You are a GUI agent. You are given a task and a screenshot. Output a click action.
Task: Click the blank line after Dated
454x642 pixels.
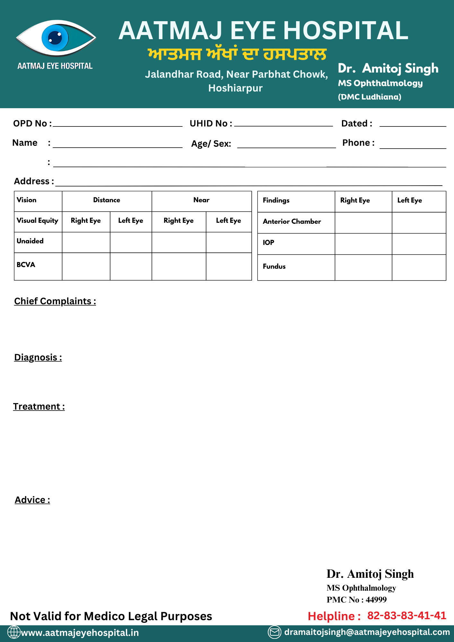pyautogui.click(x=413, y=124)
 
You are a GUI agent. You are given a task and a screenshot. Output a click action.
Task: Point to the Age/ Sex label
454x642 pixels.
pyautogui.click(x=211, y=144)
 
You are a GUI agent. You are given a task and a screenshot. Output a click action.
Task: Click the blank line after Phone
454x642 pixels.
pyautogui.click(x=413, y=145)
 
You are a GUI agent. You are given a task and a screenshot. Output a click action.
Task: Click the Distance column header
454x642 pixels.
pyautogui.click(x=107, y=200)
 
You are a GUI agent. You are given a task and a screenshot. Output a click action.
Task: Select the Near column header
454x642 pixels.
pyautogui.click(x=201, y=200)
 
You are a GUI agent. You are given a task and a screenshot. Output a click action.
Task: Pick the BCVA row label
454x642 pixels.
pyautogui.click(x=26, y=265)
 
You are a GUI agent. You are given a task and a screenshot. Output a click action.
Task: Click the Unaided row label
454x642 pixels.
pyautogui.click(x=30, y=241)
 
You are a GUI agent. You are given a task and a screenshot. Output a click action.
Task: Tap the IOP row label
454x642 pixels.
pyautogui.click(x=268, y=243)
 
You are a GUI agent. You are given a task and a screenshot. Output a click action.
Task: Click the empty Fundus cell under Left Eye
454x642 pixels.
pyautogui.click(x=419, y=267)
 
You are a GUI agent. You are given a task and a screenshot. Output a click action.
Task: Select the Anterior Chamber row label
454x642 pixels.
pyautogui.click(x=292, y=221)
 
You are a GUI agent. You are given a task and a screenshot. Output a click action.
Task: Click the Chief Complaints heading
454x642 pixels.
pyautogui.click(x=55, y=301)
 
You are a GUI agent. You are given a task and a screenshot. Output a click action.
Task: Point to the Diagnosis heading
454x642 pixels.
pyautogui.click(x=38, y=358)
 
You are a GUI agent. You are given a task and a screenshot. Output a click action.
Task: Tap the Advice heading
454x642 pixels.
pyautogui.click(x=32, y=500)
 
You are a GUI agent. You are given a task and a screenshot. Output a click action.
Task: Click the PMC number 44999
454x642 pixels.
pyautogui.click(x=376, y=600)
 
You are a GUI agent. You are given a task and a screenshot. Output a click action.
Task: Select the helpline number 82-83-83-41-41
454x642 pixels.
pyautogui.click(x=406, y=616)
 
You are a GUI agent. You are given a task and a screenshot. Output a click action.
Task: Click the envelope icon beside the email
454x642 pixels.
pyautogui.click(x=275, y=632)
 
